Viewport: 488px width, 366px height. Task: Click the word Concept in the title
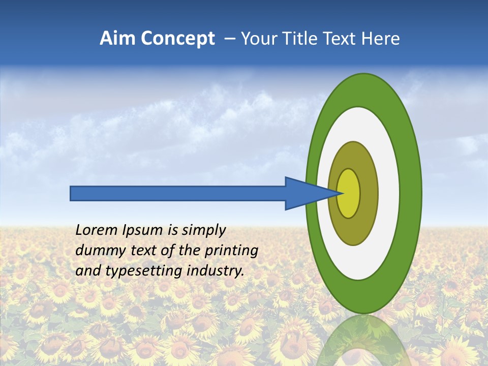pos(178,39)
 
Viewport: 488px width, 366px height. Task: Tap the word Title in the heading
pos(302,39)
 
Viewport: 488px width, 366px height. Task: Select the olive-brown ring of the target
pos(369,193)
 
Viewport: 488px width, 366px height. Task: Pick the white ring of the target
pos(389,193)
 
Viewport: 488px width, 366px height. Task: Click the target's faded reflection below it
pos(363,341)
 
